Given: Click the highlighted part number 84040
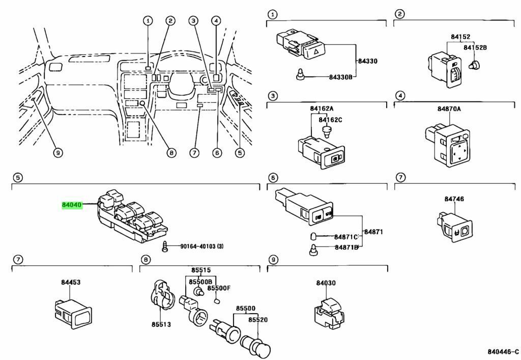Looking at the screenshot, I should (x=72, y=204).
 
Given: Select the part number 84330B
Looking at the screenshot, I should (x=340, y=77).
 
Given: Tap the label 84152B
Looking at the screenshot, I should (x=475, y=47).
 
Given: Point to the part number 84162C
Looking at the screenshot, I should (x=331, y=120).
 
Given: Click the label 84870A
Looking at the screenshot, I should (x=449, y=109).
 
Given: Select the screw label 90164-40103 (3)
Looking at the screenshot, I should (x=202, y=246).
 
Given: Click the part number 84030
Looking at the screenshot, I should (x=326, y=283).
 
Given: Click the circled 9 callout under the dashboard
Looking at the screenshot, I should (x=58, y=152).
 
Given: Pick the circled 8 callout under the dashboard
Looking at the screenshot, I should (x=171, y=152).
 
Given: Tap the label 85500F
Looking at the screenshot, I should (x=220, y=288).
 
